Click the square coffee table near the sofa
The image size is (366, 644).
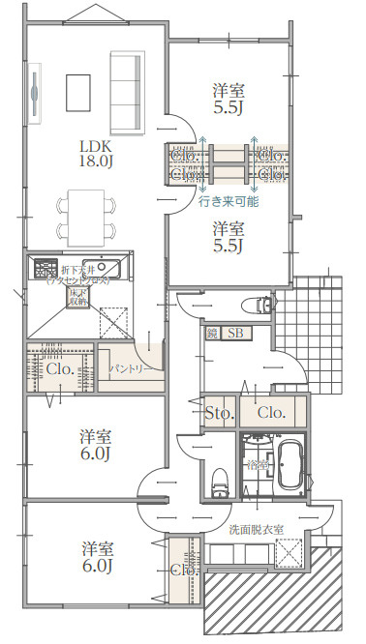pos(78,93)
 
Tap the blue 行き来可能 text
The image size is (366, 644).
pos(229,203)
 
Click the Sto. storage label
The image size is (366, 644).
pos(220,413)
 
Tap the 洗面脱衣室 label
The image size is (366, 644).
pos(257,530)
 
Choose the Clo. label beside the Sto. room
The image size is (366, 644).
pos(272,413)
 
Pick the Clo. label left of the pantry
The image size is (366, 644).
pos(60,368)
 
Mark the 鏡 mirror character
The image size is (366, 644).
pos(212,334)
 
